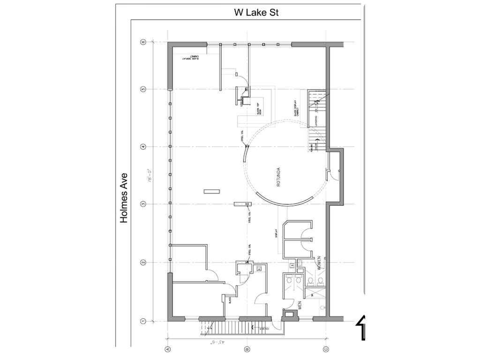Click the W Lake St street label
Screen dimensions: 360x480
(x=256, y=13)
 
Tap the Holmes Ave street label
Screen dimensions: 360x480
(x=124, y=198)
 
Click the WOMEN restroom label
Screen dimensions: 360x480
(x=319, y=263)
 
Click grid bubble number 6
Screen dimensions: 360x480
(x=143, y=42)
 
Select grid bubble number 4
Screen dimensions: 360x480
(x=143, y=147)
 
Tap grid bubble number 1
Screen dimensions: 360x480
(x=143, y=321)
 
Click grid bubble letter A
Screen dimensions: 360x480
(x=167, y=349)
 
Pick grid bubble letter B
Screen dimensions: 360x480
(x=247, y=349)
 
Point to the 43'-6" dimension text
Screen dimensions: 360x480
(x=218, y=343)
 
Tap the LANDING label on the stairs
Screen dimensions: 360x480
(x=316, y=120)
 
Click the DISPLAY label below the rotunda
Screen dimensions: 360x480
(x=277, y=233)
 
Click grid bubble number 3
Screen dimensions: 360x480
(x=143, y=204)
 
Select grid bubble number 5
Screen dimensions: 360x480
(x=143, y=89)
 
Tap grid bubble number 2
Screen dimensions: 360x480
(x=143, y=262)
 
